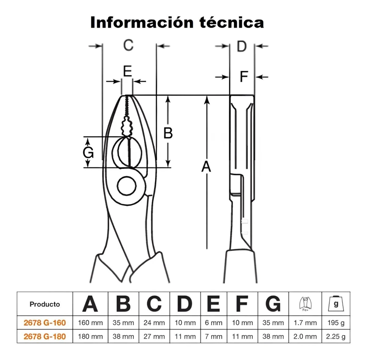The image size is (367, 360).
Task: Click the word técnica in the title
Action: [232, 22]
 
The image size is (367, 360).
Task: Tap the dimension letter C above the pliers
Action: [128, 45]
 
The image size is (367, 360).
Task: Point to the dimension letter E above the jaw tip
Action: [128, 72]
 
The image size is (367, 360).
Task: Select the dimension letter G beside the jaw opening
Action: [88, 153]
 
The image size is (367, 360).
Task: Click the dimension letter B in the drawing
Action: [168, 133]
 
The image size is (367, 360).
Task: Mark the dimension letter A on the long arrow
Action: [206, 166]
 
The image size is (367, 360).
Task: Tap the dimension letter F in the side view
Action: [244, 77]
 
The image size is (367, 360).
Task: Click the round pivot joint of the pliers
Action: [127, 186]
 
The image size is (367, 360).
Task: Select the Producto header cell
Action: [44, 304]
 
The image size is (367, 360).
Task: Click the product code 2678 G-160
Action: [44, 323]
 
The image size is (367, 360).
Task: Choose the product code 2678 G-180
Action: [44, 337]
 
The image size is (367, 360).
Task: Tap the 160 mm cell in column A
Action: [90, 323]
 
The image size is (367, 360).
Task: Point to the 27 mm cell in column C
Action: [154, 337]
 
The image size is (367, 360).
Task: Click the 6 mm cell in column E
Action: [214, 323]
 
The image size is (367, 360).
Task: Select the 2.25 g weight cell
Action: [336, 337]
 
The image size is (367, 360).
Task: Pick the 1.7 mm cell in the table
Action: [305, 323]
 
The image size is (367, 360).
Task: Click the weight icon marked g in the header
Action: [336, 304]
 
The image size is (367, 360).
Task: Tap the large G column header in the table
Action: [273, 304]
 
